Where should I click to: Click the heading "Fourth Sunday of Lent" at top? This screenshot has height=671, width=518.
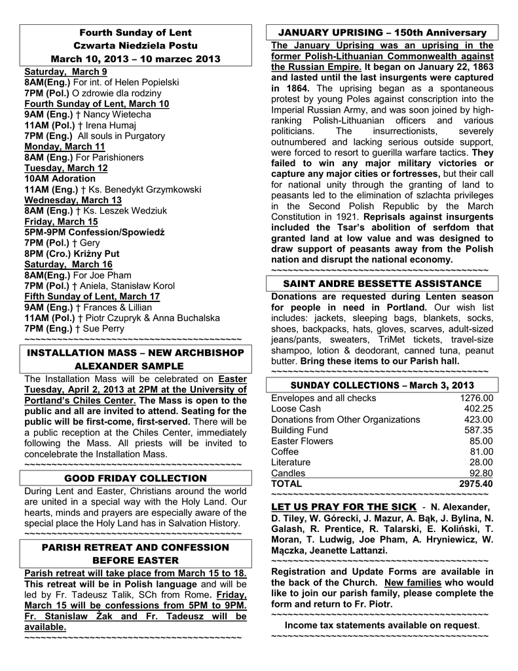[136, 33]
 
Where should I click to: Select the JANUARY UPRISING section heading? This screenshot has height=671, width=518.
[382, 33]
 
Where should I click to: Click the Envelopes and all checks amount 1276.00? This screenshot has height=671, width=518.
[476, 398]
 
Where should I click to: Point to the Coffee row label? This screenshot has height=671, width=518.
[285, 451]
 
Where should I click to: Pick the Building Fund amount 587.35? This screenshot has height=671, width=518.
[478, 430]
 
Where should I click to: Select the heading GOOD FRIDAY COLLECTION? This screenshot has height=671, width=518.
[136, 478]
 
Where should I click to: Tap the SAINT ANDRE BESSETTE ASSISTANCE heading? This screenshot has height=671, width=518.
[382, 284]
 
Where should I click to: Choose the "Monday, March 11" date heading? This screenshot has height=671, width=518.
[64, 146]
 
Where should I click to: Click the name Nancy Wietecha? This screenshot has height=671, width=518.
[117, 115]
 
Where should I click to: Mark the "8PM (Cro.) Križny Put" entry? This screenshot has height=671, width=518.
[72, 254]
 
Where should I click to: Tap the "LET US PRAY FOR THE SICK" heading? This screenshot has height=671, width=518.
[344, 507]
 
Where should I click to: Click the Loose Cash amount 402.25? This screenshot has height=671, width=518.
[478, 408]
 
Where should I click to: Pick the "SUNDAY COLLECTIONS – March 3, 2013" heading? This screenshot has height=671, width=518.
[382, 385]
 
